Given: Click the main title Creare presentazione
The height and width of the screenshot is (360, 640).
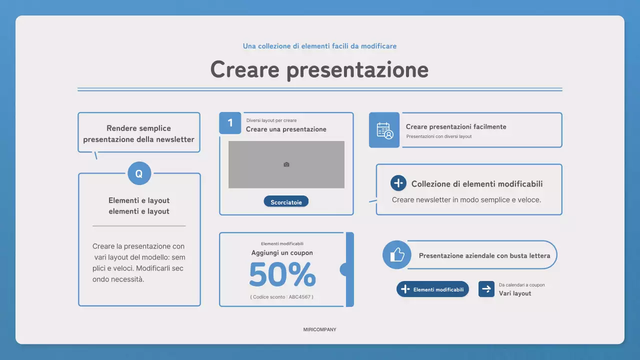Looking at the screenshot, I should pos(319,69).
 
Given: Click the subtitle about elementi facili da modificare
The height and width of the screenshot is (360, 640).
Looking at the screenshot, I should pos(319,46).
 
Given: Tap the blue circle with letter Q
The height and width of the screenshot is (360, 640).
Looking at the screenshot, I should pos(139,174).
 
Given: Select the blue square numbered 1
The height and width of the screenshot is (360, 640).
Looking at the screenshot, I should pos(230,123).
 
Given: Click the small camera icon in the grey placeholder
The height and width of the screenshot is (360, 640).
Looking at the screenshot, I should pos(286,164).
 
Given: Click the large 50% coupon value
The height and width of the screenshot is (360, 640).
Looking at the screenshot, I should pos(282,274).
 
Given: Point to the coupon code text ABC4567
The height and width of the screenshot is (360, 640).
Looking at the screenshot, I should pos(282,297).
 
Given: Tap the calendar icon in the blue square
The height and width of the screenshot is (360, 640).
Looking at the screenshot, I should pos(384,130).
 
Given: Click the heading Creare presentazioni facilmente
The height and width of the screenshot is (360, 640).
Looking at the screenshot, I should pos(456,127).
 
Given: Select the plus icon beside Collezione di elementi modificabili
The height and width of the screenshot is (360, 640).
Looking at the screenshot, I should pos(398,183).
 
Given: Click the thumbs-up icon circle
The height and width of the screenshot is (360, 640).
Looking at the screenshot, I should pos(397,255).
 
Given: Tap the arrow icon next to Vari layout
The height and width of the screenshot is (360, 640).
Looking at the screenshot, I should pos(486,289).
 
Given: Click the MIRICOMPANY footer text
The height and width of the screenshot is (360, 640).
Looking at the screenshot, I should pos(319,330).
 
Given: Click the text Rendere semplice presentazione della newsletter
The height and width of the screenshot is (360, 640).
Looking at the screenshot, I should pos(139,134).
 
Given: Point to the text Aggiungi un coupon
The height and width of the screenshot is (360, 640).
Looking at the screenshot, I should pos(282,253).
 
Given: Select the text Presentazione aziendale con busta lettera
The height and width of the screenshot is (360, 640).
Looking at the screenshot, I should pos(484,255).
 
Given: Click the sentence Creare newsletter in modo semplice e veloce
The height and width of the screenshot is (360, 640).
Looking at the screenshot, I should pos(466,200).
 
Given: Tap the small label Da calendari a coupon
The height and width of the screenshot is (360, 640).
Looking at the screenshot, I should pos(521,285).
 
